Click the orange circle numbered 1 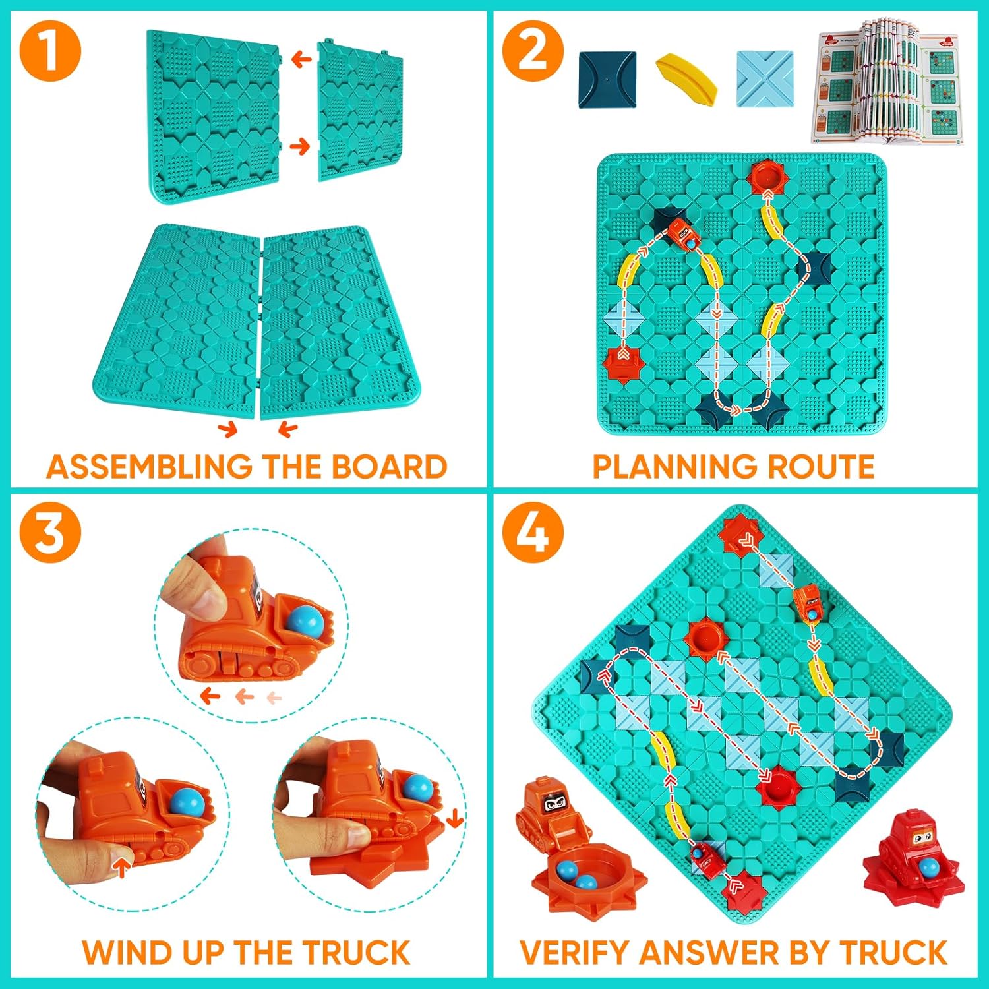coord(50,51)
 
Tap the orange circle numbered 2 coord(533,51)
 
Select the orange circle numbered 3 coord(50,532)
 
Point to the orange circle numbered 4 coord(533,532)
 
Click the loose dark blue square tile coord(607,80)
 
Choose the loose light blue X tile coord(765,78)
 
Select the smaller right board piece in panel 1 coord(361,110)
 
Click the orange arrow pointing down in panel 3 coord(454,819)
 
